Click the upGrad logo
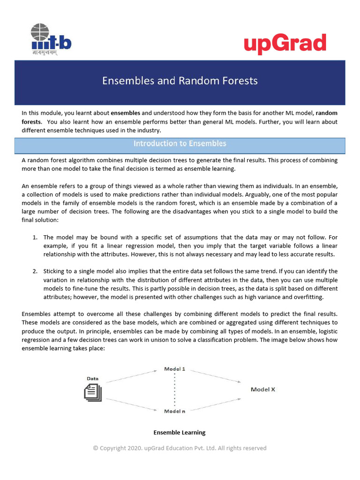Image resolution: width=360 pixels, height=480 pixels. coord(285,45)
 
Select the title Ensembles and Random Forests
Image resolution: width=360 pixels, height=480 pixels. coord(180,81)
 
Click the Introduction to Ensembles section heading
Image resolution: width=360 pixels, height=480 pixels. coord(180,143)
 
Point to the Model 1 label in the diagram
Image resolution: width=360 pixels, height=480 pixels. coord(174,369)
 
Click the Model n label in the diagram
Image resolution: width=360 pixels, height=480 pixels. coord(174,411)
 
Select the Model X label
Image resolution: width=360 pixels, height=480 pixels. coord(263,390)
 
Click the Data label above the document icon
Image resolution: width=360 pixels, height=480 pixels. coord(93,378)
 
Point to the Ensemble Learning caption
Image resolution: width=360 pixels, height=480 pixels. coord(180,432)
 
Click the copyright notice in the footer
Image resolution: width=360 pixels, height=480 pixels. coord(180,448)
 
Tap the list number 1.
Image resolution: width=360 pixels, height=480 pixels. coord(35,238)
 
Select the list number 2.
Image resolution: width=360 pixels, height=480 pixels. coord(35,271)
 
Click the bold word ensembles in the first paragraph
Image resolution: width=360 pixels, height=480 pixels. coord(125,113)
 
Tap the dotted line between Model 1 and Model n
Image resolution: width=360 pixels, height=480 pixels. coord(175,390)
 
